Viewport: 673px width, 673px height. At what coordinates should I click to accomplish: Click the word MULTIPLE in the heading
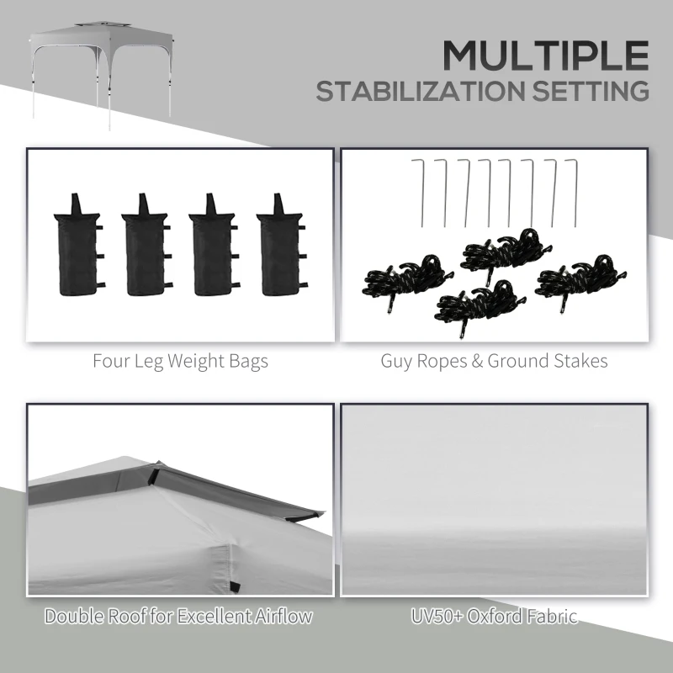[546, 55]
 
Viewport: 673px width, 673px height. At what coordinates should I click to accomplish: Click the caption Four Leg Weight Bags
[181, 362]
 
